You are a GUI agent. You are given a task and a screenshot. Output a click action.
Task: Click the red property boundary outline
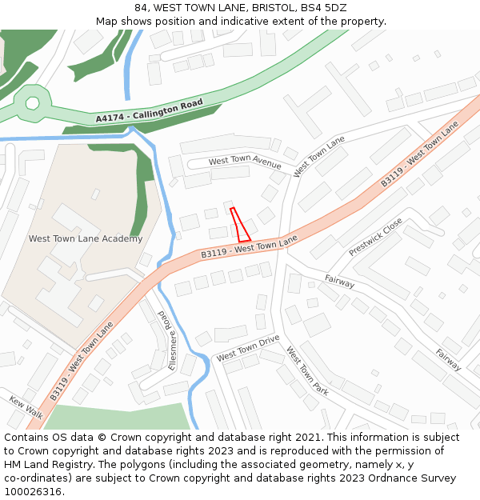point(240,225)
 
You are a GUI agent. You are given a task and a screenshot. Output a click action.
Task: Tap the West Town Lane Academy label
point(86,238)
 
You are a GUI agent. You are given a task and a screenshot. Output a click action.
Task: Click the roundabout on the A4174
point(32,102)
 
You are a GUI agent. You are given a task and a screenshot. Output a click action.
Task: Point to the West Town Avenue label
point(245,162)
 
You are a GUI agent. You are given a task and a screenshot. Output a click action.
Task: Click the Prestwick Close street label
point(375,238)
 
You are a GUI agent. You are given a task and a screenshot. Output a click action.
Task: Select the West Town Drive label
point(248,349)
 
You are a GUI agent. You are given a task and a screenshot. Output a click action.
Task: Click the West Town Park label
point(308,370)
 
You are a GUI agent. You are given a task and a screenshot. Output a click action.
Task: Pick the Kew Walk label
point(26,406)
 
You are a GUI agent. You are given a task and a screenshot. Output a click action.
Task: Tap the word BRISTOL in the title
point(275,8)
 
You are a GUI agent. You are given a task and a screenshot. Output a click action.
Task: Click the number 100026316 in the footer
point(33,491)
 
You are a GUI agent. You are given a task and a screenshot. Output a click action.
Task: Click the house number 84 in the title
point(141,8)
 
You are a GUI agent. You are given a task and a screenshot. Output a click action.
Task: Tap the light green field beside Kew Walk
point(120,417)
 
